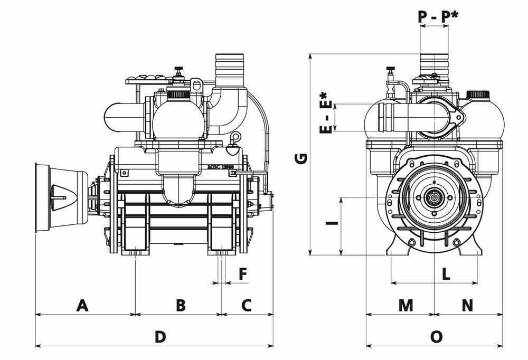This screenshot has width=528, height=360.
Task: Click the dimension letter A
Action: click(x=82, y=305)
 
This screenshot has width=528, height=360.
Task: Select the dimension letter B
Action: click(x=180, y=305)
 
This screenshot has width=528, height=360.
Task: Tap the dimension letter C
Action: click(x=247, y=305)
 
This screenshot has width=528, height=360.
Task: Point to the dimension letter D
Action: click(x=161, y=337)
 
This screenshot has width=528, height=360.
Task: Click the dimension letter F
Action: click(x=243, y=274)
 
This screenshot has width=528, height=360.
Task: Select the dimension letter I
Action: click(x=332, y=224)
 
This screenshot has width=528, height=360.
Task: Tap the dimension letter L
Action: click(x=446, y=274)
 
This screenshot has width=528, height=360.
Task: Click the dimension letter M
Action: click(x=406, y=305)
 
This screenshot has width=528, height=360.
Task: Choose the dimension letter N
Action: click(x=467, y=305)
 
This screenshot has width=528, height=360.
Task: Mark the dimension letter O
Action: click(x=436, y=337)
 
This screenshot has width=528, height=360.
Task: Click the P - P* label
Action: click(x=438, y=16)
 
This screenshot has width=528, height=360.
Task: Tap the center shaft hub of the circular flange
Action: click(x=434, y=198)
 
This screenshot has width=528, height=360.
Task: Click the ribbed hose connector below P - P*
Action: click(x=433, y=64)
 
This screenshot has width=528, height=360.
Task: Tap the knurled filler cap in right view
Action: click(x=478, y=96)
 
